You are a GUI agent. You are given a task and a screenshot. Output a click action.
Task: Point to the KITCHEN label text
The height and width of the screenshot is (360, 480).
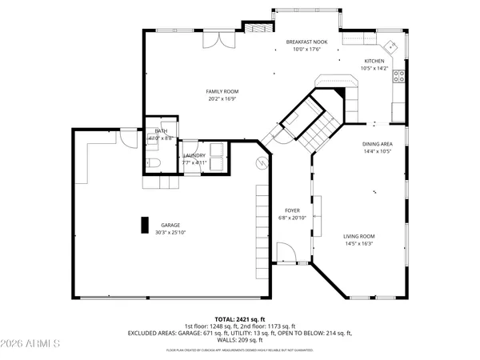coord(374,61)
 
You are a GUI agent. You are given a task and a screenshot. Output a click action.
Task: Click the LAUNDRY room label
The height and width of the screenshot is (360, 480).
coord(194,155)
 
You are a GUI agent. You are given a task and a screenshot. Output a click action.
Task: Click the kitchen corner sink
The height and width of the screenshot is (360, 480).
coord(389,45)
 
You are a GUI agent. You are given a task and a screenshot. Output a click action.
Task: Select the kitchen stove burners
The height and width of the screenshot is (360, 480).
coord(399,78)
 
